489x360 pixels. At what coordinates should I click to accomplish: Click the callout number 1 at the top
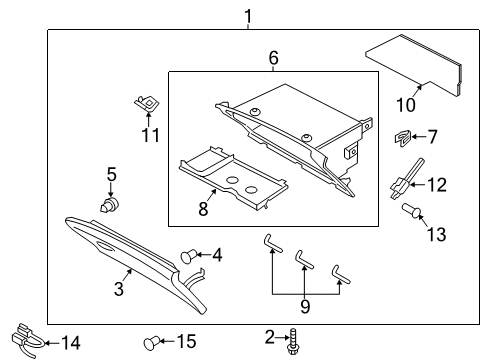click(x=248, y=15)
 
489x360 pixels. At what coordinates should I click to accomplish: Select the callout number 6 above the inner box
click(x=272, y=59)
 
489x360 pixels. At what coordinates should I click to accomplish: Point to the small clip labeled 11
click(x=147, y=103)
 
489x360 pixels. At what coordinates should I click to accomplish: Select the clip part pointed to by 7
click(x=401, y=136)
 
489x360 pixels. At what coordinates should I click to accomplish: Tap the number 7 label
click(x=432, y=135)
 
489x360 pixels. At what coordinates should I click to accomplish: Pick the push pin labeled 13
click(x=411, y=213)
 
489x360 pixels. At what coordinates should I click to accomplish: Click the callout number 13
click(x=438, y=234)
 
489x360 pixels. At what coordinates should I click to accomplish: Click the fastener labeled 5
click(x=112, y=205)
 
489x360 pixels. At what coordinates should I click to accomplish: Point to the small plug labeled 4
click(x=189, y=256)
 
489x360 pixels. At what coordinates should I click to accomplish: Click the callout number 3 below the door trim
click(x=119, y=289)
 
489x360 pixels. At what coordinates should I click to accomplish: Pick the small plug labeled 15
click(x=151, y=343)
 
